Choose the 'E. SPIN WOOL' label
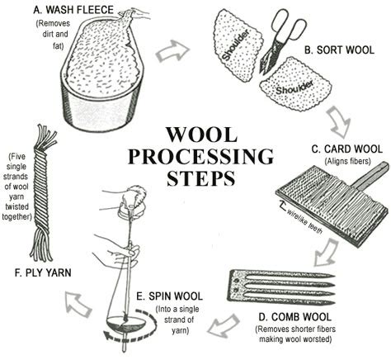tap(173, 296)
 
